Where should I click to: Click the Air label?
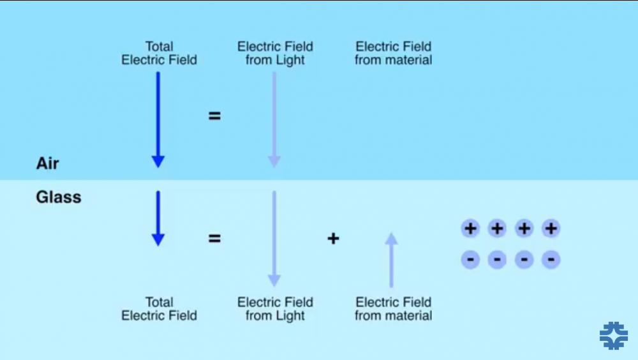pos(48,163)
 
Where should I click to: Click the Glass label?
pos(59,197)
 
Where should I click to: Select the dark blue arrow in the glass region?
pos(158,218)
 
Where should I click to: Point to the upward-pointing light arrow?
pos(392,260)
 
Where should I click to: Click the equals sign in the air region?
pos(215,116)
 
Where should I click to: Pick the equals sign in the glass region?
pos(215,239)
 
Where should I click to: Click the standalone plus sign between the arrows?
pos(333,239)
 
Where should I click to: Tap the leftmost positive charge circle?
pos(470,229)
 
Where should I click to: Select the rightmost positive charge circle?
pos(551,229)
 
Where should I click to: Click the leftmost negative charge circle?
pos(470,259)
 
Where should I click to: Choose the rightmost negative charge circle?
pos(551,259)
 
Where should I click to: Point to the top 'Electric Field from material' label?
pos(393,53)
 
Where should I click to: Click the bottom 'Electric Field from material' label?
pos(393,308)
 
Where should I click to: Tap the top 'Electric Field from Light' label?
pos(275,53)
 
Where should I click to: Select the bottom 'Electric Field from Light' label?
pos(275,308)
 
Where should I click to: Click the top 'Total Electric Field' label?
pos(159,53)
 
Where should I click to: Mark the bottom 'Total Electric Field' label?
pos(159,308)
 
